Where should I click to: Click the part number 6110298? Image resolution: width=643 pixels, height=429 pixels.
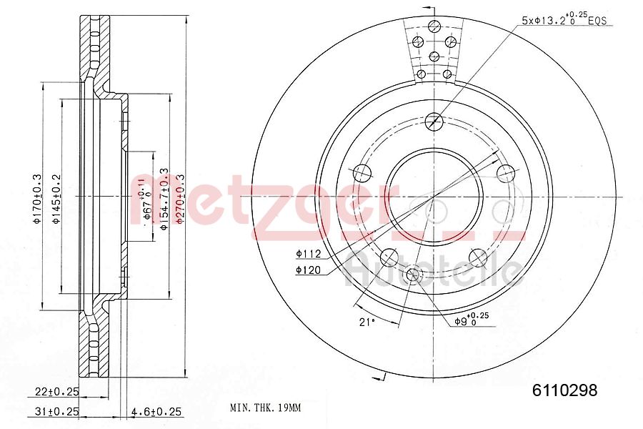click(564, 390)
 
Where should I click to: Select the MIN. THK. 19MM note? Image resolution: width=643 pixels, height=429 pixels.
click(265, 408)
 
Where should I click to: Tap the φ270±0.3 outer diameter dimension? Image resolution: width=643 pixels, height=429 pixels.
click(180, 199)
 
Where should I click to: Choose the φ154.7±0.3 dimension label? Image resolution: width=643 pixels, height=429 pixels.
click(164, 199)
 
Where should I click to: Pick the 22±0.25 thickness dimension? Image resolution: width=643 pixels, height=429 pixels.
click(58, 391)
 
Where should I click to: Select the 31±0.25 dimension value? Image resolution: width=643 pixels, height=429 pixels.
click(58, 410)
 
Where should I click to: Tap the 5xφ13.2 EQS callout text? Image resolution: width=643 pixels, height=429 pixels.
click(564, 20)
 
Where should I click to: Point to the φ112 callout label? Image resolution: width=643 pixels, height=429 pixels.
click(308, 253)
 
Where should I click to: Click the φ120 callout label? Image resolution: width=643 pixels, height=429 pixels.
click(308, 270)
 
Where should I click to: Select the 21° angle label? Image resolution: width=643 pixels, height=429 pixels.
click(367, 322)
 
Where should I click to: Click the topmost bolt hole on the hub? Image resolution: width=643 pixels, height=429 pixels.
click(434, 122)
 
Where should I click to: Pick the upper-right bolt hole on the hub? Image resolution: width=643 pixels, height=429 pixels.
click(505, 172)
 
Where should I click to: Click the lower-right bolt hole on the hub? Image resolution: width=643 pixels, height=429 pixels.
click(478, 257)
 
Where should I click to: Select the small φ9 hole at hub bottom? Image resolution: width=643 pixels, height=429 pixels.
click(414, 275)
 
